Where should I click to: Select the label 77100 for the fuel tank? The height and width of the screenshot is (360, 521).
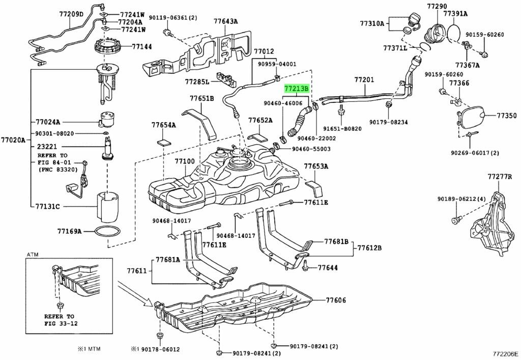pos(185,161)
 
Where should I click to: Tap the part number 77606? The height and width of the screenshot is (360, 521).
pos(336,301)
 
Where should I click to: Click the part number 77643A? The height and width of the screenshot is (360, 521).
pos(225,21)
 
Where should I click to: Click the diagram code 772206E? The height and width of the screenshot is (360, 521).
pos(505,352)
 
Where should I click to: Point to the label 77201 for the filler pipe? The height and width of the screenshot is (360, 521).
pos(364,80)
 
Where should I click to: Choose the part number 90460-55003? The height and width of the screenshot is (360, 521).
pos(311,149)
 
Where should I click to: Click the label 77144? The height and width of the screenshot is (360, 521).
pos(142,46)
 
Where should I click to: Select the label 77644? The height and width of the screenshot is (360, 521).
pos(328,267)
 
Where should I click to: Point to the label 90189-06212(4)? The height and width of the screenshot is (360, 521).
pos(462,199)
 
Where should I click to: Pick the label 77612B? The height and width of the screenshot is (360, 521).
pos(369,248)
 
